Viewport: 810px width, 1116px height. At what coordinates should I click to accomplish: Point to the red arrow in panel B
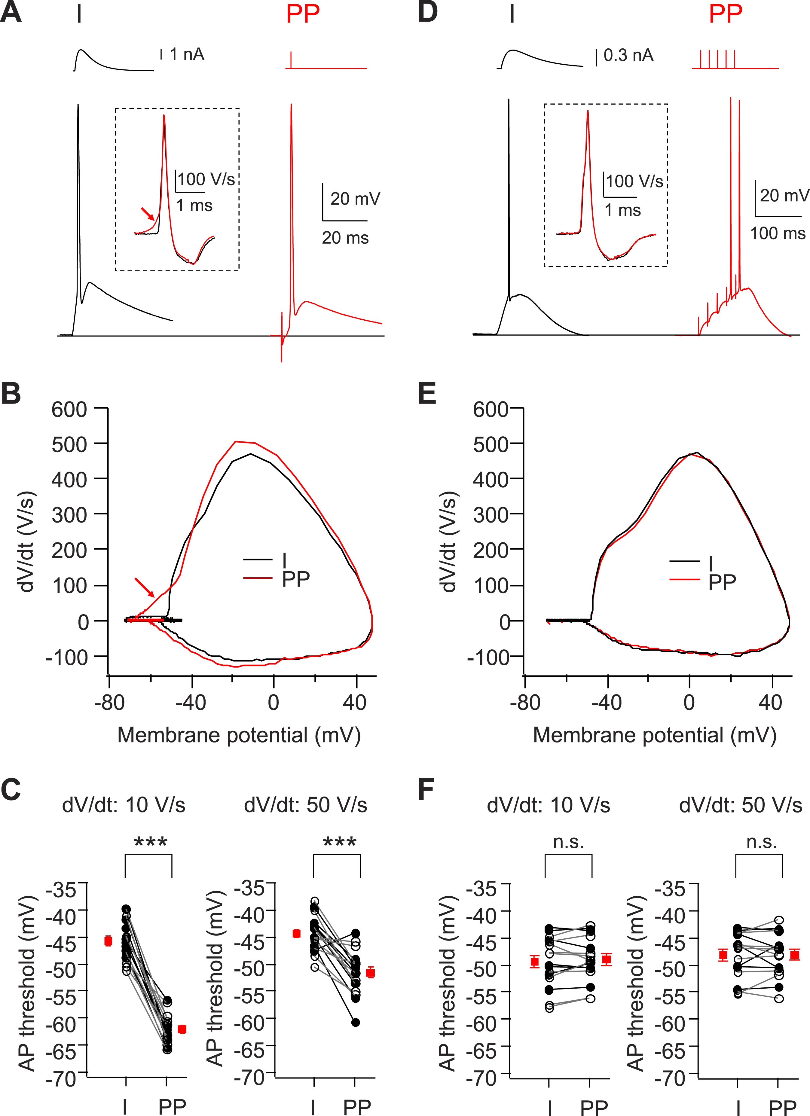click(x=144, y=586)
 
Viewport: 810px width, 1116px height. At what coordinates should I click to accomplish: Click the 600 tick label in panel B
click(x=69, y=409)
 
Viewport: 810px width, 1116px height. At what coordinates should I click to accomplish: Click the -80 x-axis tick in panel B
click(x=109, y=703)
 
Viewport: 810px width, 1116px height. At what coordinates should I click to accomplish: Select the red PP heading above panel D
click(x=725, y=14)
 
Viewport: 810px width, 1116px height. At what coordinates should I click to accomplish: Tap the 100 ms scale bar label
click(x=778, y=233)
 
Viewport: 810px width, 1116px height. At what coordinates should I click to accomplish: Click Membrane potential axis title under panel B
click(x=239, y=735)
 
